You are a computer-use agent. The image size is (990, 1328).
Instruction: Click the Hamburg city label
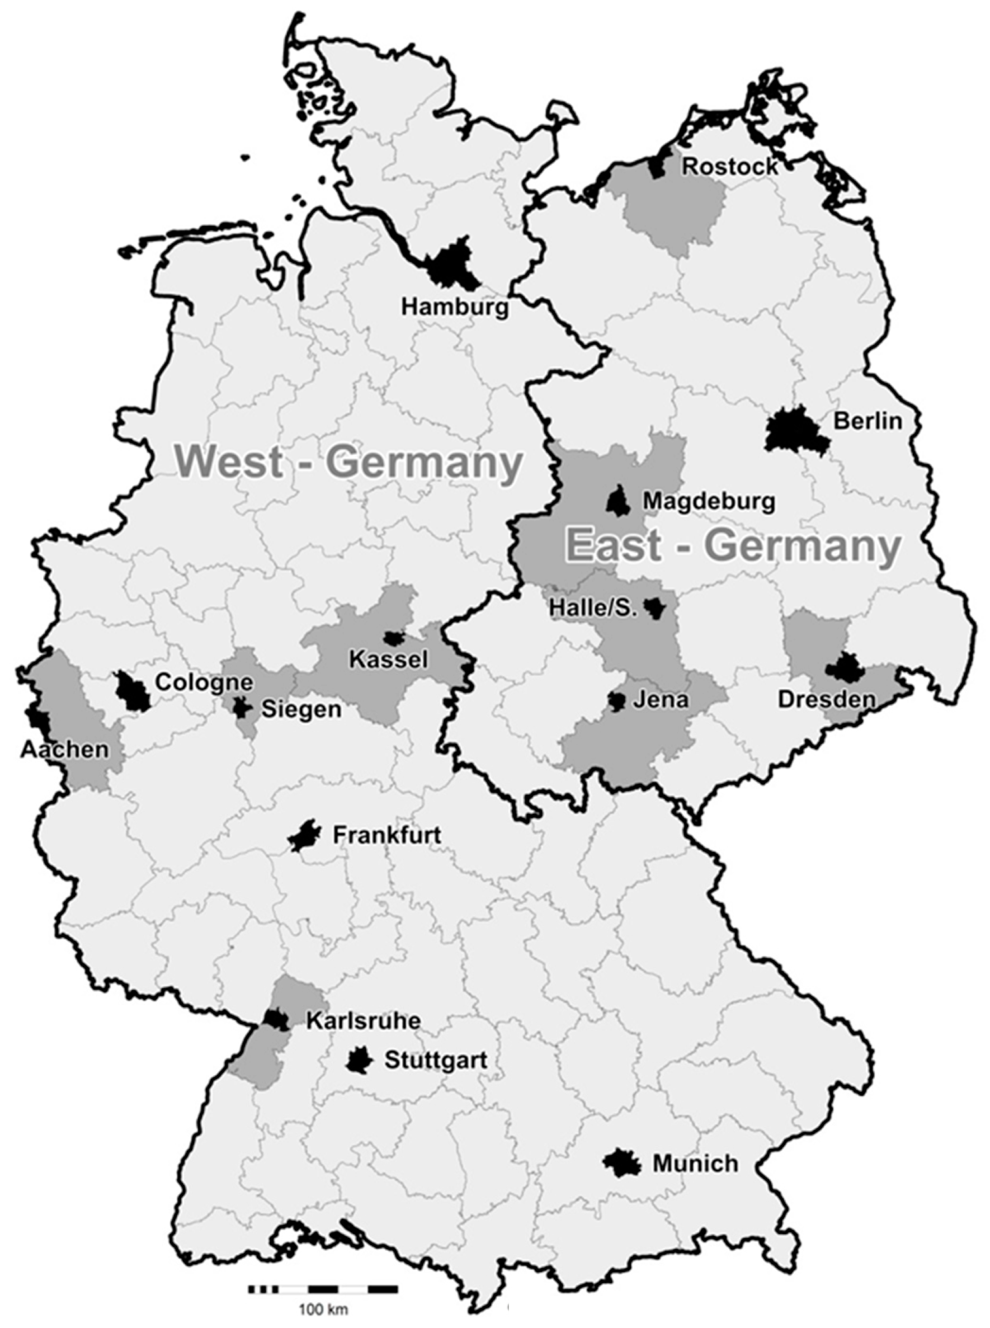pos(455,308)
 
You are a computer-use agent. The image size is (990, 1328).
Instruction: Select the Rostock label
pos(730,167)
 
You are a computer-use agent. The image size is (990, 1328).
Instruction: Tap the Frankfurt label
pos(387,835)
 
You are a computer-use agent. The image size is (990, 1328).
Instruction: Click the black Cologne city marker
pos(133,691)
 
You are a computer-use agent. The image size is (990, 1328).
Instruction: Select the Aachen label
pos(65,750)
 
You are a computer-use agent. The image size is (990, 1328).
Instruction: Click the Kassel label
pos(389,661)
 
